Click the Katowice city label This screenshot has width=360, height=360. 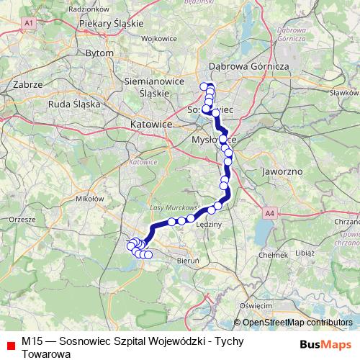[x=152, y=125]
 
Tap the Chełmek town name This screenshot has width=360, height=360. [x=274, y=254]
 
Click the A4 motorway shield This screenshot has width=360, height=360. [x=269, y=213]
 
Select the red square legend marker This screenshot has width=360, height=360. [x=10, y=346]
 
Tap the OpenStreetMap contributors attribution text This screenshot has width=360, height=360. [x=296, y=323]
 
